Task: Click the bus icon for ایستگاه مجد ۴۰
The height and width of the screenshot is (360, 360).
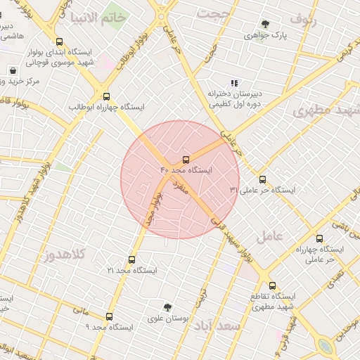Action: pyautogui.click(x=186, y=160)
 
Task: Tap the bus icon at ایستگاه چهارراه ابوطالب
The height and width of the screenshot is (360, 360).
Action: pyautogui.click(x=106, y=96)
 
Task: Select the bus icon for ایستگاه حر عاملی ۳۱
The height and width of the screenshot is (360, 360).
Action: pyautogui.click(x=263, y=179)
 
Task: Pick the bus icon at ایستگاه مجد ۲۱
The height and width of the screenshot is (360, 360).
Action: pyautogui.click(x=131, y=259)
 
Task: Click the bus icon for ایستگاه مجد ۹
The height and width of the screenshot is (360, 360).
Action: pyautogui.click(x=109, y=316)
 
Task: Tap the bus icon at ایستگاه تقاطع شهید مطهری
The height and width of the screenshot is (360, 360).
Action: pyautogui.click(x=273, y=285)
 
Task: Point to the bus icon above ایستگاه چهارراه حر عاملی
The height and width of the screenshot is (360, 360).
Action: pyautogui.click(x=320, y=238)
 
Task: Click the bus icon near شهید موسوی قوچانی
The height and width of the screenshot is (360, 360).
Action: pyautogui.click(x=58, y=41)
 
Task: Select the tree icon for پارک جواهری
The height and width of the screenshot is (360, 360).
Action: pyautogui.click(x=265, y=24)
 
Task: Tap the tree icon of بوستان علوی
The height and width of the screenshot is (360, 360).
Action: pyautogui.click(x=167, y=307)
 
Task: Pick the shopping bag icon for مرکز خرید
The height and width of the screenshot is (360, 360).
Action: pyautogui.click(x=13, y=70)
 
